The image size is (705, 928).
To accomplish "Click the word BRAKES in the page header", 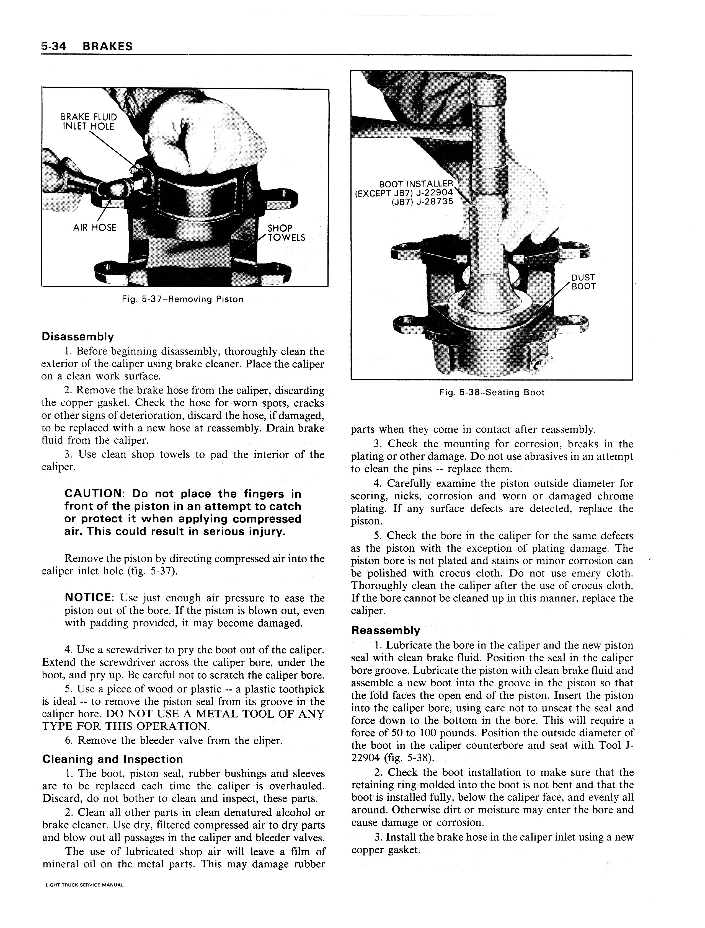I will pyautogui.click(x=107, y=46).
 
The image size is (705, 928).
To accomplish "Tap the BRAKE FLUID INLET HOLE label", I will pyautogui.click(x=89, y=122).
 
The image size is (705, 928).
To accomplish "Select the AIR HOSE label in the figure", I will pyautogui.click(x=95, y=228).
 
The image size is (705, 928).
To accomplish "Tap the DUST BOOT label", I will pyautogui.click(x=583, y=282).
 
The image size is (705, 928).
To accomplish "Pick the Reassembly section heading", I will pyautogui.click(x=385, y=630).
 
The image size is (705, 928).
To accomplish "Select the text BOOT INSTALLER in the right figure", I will pyautogui.click(x=415, y=184).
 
